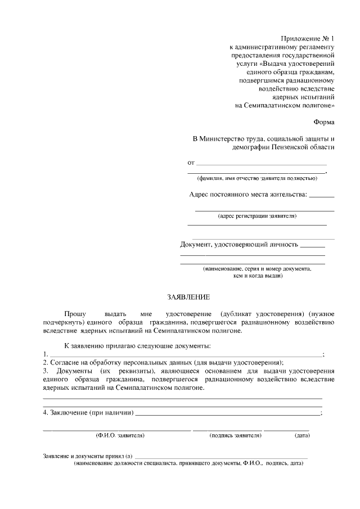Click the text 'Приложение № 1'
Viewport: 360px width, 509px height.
point(310,38)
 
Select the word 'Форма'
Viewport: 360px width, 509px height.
point(323,121)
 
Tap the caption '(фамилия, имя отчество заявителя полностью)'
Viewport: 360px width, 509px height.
point(256,179)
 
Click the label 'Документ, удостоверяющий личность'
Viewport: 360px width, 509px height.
point(239,245)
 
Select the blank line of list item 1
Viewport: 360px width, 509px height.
point(186,355)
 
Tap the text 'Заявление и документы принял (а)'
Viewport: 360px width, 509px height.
point(87,456)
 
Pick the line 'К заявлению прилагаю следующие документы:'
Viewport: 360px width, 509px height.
point(138,345)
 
